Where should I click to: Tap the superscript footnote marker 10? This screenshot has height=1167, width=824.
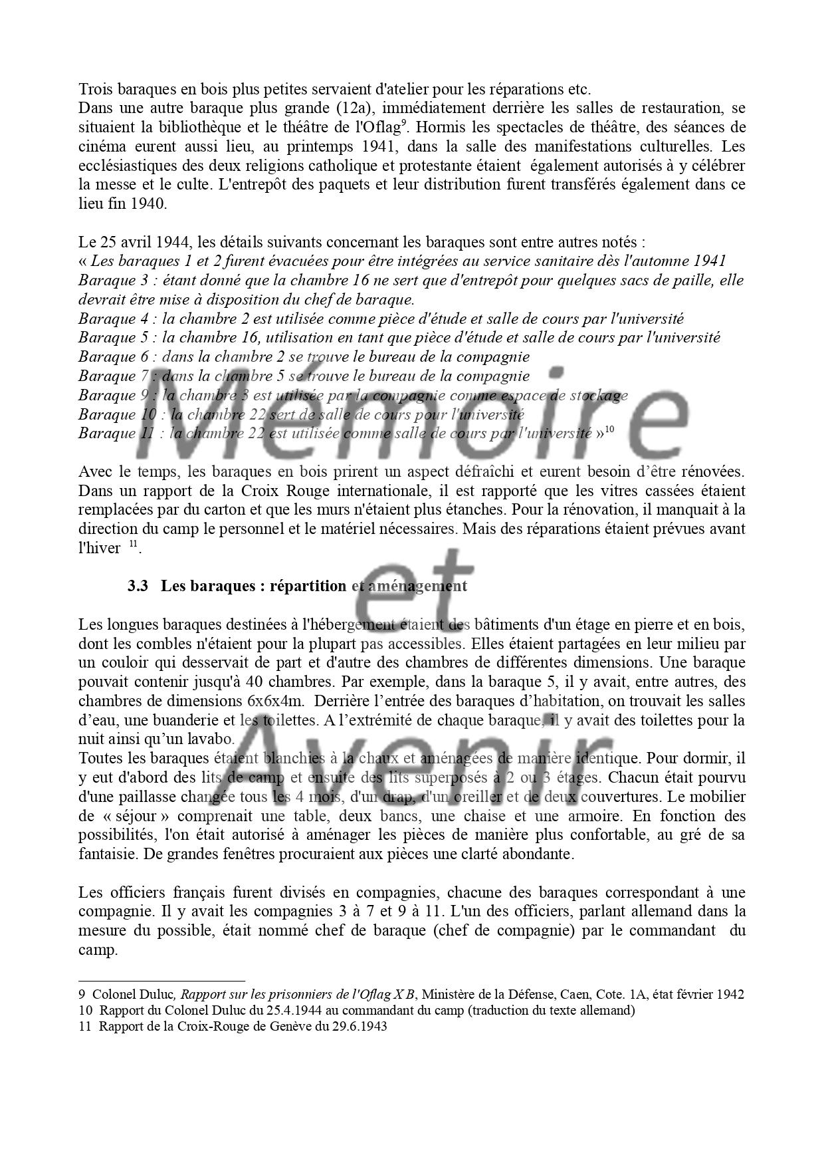point(609,430)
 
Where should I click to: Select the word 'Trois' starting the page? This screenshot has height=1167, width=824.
point(94,88)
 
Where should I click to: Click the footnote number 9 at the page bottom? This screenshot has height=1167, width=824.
point(82,995)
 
